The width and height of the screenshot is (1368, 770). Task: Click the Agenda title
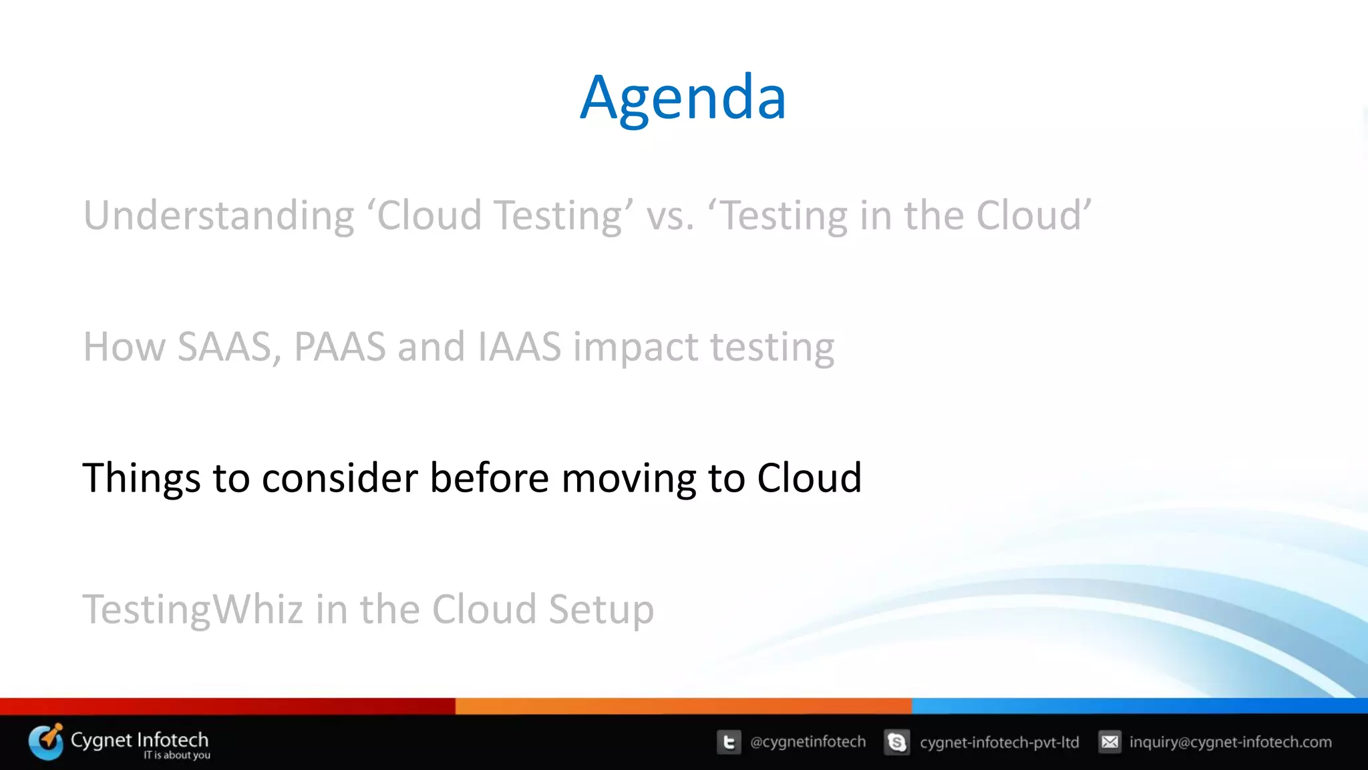683,98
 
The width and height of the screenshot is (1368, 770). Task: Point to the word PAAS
340,347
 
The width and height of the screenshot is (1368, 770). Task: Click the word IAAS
520,347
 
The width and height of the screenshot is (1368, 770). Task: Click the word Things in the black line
141,478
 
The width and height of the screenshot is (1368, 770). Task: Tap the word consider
339,478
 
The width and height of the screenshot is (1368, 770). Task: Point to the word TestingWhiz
192,610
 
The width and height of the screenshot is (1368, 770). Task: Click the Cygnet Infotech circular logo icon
46,742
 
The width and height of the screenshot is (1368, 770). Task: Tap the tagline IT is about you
176,755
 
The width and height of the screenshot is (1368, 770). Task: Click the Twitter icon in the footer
729,742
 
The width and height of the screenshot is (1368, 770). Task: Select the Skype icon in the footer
896,742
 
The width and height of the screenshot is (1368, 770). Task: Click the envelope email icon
1109,742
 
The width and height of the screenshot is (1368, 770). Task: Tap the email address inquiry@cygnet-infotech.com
1230,742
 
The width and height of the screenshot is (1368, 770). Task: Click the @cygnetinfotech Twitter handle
808,742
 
